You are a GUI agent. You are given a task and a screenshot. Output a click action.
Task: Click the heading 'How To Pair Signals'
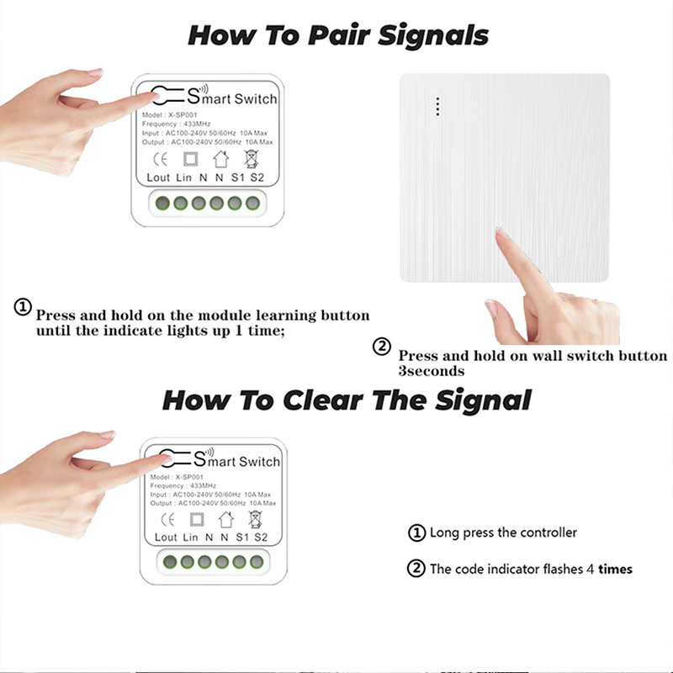click(338, 35)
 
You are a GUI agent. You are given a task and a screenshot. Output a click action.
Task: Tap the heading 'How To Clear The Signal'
click(347, 400)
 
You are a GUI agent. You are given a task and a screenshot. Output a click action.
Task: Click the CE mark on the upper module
click(160, 159)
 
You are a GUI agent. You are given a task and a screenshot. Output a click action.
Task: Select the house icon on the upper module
click(221, 159)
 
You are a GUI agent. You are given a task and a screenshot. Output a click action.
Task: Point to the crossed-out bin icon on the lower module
click(255, 519)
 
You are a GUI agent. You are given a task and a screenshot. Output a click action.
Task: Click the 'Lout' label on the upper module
click(158, 178)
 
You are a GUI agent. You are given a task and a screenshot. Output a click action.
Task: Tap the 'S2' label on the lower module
click(261, 538)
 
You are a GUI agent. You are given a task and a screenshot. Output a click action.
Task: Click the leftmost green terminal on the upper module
click(162, 203)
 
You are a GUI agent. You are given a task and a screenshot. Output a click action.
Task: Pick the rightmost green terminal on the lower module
click(257, 562)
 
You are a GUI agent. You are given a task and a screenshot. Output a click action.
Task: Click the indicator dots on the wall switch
click(437, 107)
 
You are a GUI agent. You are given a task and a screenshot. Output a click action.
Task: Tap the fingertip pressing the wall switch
click(501, 233)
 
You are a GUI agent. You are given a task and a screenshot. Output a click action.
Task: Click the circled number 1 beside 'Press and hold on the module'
click(23, 307)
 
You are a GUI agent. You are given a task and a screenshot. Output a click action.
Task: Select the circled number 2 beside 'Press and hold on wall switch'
click(382, 347)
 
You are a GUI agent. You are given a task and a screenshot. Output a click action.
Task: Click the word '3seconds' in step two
click(432, 371)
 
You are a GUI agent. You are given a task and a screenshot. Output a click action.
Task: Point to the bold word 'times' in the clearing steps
click(616, 570)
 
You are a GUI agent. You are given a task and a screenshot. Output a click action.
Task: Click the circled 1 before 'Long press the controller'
click(416, 533)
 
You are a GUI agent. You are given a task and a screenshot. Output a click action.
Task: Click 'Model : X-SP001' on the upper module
click(170, 115)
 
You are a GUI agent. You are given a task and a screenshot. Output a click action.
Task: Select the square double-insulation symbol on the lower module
click(197, 519)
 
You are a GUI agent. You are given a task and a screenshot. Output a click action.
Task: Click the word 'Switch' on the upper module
click(256, 99)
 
